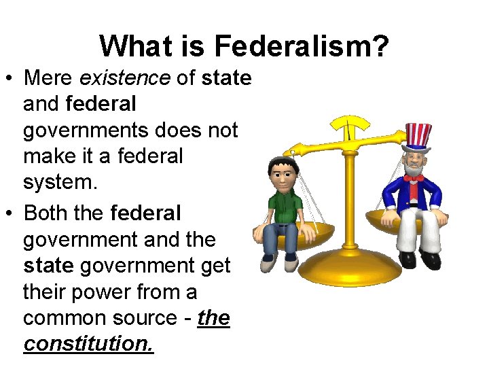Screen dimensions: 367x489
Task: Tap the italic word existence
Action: [x=125, y=78]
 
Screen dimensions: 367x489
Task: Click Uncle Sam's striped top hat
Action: [x=417, y=136]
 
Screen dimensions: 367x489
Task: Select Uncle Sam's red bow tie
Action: [x=414, y=179]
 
